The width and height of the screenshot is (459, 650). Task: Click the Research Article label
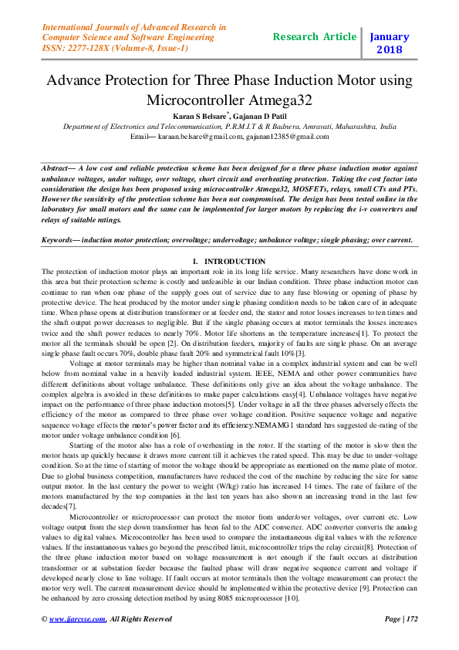tap(315, 36)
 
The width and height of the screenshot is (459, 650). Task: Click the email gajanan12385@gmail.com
tap(289, 136)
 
